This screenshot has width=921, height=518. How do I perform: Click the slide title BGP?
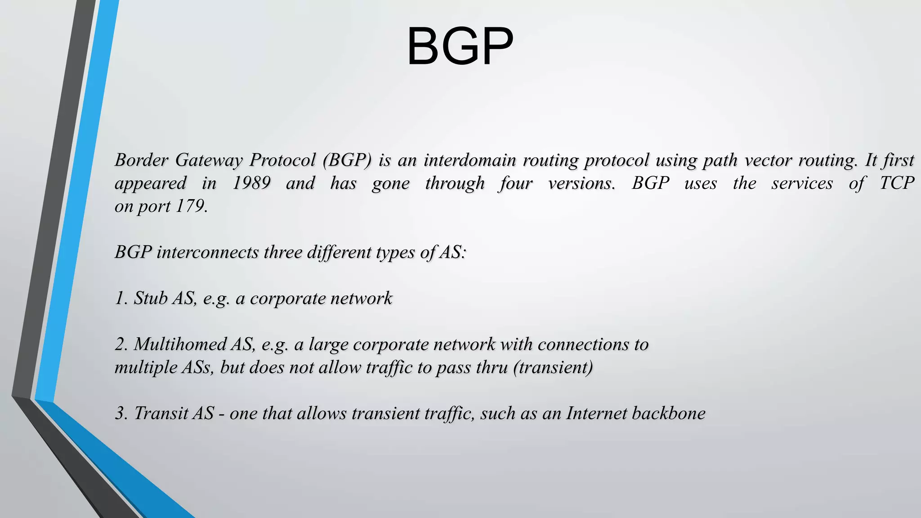[460, 46]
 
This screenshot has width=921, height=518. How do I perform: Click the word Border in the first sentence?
[141, 160]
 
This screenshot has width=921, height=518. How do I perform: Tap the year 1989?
[251, 183]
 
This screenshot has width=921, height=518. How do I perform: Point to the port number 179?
[191, 206]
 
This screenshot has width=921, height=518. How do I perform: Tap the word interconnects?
[207, 252]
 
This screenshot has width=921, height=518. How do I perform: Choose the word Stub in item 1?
[151, 299]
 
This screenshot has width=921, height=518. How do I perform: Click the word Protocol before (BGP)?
[282, 160]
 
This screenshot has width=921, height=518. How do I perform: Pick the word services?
[802, 183]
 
